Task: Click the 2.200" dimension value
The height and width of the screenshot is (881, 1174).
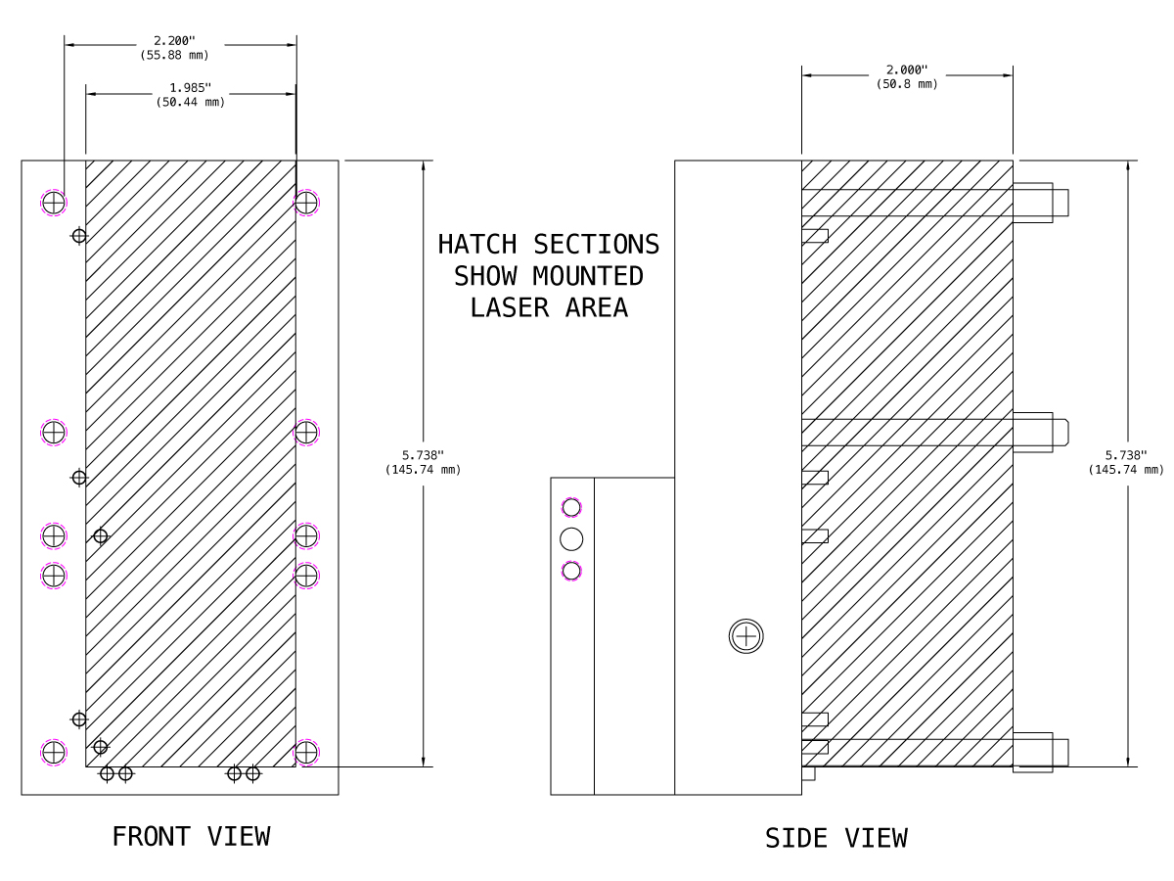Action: pos(174,41)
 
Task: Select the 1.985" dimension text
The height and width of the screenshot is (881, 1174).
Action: pos(191,87)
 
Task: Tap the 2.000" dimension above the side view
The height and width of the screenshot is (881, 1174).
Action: pos(907,70)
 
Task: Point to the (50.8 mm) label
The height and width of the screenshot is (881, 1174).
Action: pos(907,84)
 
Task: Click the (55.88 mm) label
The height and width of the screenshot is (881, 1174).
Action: pos(174,55)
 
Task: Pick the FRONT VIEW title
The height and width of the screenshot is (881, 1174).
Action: pos(191,837)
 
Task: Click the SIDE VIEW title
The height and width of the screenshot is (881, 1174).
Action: pos(835,838)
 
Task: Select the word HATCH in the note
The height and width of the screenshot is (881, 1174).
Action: pos(477,245)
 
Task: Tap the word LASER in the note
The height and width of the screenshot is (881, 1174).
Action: pos(509,307)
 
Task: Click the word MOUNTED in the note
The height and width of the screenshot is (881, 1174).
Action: pos(588,276)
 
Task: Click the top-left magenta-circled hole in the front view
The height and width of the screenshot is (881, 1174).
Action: pos(54,203)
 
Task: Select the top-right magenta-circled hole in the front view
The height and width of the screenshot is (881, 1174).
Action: pos(306,203)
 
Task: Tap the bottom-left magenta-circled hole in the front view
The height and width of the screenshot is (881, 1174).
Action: pos(54,753)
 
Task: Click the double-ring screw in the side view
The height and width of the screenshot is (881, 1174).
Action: pos(746,636)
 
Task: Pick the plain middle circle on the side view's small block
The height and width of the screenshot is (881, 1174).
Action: pos(571,539)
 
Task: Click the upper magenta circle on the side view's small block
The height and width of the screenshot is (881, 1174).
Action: pos(571,508)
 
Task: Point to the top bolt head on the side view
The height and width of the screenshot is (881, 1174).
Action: pos(1040,203)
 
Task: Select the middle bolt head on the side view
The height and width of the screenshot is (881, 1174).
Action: pos(1040,433)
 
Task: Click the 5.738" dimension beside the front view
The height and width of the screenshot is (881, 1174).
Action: pos(423,455)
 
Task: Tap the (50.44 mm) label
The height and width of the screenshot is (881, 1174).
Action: pos(191,102)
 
